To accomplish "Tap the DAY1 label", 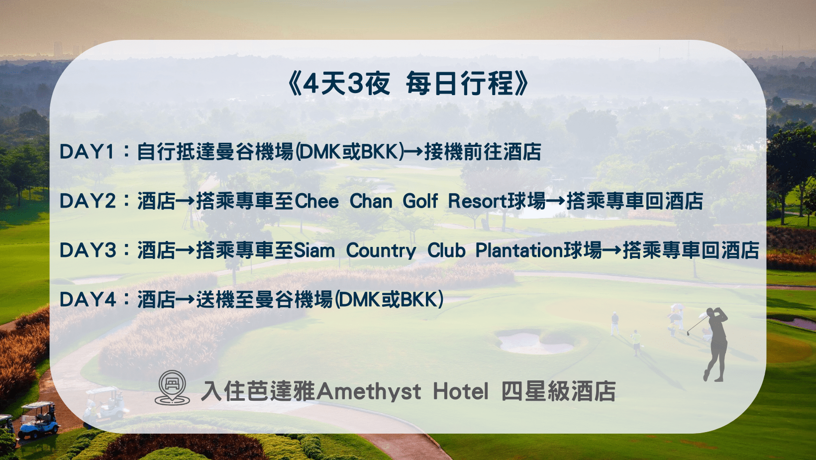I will [87, 152].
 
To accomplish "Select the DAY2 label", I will [88, 201].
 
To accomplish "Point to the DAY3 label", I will [88, 250].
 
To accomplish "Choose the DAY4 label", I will [88, 300].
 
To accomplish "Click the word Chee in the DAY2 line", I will [317, 201].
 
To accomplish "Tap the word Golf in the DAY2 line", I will [420, 201].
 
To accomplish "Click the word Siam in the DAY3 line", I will [314, 250].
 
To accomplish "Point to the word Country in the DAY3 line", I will [381, 250].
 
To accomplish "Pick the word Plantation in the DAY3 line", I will [519, 250].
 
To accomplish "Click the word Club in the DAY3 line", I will [446, 250].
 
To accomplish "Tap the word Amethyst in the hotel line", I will [369, 391].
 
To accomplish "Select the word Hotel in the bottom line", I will [461, 391].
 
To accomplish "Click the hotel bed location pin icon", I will [172, 387].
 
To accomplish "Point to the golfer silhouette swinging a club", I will [715, 344].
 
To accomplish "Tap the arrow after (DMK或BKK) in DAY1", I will [414, 152].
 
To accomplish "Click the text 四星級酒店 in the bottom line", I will [558, 391].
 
